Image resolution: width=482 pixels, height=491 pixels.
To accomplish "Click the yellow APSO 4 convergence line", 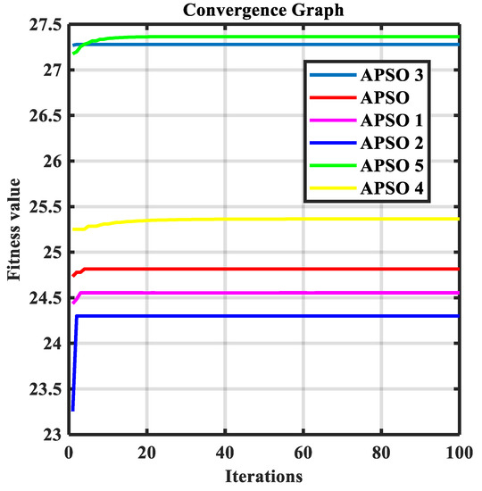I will (268, 219).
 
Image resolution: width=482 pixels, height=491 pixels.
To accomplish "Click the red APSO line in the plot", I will (268, 269).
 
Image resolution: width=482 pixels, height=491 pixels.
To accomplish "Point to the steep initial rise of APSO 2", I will (74, 366).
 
